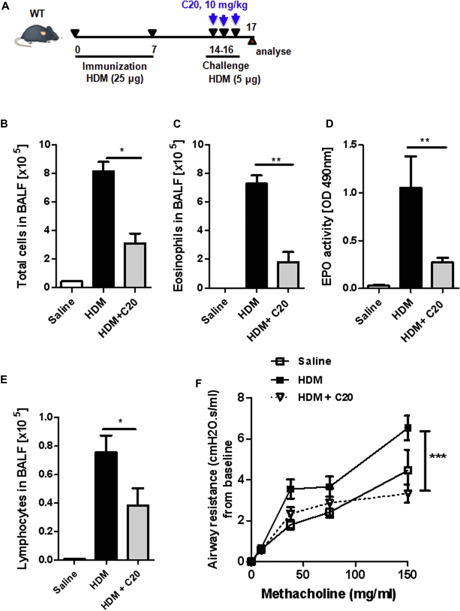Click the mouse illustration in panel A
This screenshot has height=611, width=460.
37,35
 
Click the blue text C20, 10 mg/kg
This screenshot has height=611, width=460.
214,5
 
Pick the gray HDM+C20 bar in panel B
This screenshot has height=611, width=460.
135,265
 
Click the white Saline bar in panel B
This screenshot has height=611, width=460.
72,284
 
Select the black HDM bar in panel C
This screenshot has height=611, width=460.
256,235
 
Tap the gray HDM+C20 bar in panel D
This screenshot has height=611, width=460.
443,275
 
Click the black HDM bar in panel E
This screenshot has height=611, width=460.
106,506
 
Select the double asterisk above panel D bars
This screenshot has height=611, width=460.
424,140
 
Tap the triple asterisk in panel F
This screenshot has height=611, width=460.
438,456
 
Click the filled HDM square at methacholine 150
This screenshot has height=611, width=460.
408,428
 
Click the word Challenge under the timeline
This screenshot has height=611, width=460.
225,66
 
